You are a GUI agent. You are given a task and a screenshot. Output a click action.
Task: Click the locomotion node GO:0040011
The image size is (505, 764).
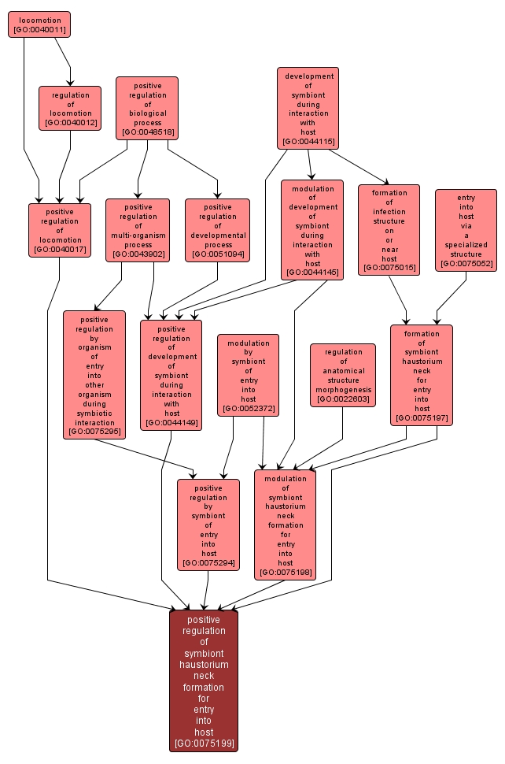tap(39, 24)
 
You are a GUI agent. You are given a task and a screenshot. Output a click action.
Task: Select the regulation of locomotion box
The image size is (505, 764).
tap(70, 108)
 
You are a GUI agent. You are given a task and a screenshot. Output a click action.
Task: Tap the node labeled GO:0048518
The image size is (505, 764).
tap(147, 108)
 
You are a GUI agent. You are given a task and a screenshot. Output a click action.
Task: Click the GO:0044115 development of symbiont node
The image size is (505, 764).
tap(308, 108)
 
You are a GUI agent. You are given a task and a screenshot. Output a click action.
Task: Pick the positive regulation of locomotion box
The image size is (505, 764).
tap(60, 230)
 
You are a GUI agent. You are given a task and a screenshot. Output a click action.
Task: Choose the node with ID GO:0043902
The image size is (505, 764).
tap(138, 230)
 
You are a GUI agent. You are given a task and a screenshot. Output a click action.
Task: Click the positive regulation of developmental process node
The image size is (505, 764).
tap(217, 230)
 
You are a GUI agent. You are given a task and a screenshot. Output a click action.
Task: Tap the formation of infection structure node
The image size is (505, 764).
tap(389, 230)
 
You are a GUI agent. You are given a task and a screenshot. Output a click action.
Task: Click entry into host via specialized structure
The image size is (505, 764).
tap(466, 230)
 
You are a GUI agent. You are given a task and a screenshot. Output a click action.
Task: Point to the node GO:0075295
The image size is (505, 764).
tap(94, 374)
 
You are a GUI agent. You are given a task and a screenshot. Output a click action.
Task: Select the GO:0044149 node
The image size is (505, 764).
tap(171, 374)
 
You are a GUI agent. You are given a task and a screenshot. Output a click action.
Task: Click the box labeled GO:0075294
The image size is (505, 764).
tap(208, 525)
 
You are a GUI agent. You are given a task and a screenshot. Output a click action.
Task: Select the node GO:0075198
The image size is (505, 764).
tap(285, 525)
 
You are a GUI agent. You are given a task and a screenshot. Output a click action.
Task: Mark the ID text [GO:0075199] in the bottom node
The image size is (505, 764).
tap(204, 743)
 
